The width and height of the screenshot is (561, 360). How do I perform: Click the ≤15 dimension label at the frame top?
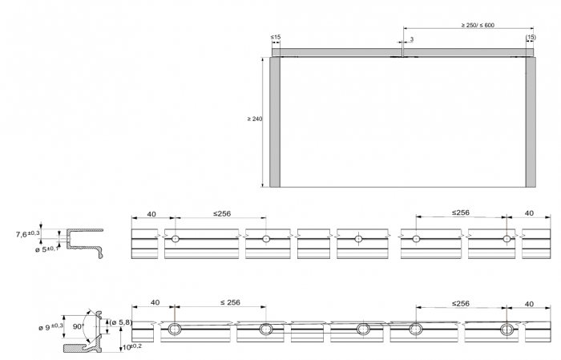275,37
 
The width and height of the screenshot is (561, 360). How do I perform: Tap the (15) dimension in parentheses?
531,37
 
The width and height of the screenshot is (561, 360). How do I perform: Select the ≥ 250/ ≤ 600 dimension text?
478,25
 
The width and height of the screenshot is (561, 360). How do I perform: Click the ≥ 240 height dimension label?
255,119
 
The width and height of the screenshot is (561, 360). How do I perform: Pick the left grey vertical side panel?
274,122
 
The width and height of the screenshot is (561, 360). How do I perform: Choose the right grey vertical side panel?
531,122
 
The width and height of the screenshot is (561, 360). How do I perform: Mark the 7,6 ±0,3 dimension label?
27,234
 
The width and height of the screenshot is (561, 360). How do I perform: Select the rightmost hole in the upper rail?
507,239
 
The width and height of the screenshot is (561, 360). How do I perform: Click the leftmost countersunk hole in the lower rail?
175,328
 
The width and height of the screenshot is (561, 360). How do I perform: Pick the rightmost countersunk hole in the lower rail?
507,328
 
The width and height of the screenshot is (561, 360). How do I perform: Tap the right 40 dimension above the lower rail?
529,304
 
